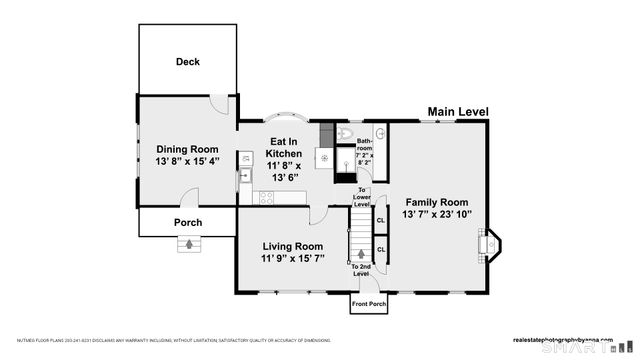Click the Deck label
point(188,62)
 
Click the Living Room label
point(292,252)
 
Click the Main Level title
point(458,112)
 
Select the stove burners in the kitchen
point(267,197)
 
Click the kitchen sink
point(244,175)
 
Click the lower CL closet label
point(380,249)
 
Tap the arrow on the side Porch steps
point(188,242)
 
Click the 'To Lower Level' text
point(363,197)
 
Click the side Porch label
point(188,222)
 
